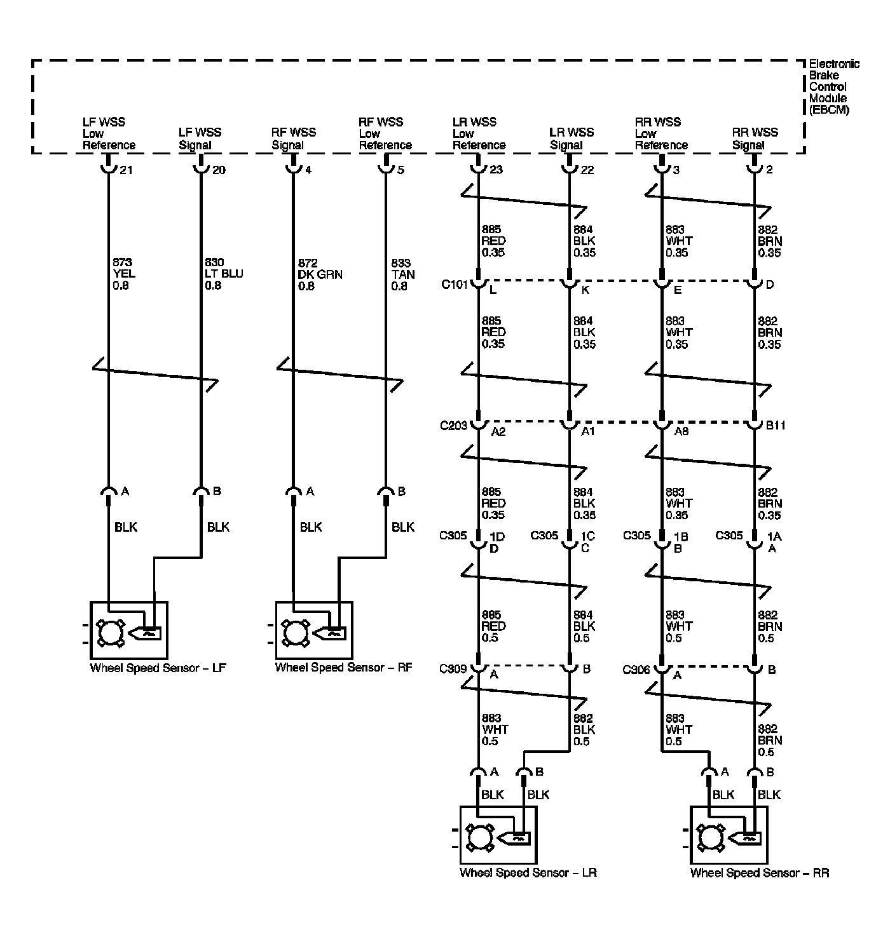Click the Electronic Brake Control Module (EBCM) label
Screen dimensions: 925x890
[x=833, y=86]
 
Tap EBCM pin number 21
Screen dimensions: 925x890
[x=126, y=170]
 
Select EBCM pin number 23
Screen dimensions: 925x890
[x=496, y=170]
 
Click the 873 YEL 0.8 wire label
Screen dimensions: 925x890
[x=124, y=274]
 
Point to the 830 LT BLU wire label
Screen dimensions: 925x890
[x=223, y=274]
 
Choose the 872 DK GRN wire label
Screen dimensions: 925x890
[x=320, y=274]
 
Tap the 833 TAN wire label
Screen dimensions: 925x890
[x=403, y=274]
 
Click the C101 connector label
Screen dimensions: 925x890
[x=454, y=283]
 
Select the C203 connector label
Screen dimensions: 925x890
[x=453, y=425]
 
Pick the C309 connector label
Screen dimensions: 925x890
[x=453, y=669]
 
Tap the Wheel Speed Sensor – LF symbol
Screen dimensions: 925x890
[x=129, y=630]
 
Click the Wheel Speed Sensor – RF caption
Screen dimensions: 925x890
[x=343, y=668]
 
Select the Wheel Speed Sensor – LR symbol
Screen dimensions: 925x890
[x=498, y=835]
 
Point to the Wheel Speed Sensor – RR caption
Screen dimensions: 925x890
[x=760, y=873]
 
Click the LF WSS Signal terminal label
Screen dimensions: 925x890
[x=200, y=138]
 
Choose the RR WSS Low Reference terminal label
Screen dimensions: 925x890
[x=661, y=133]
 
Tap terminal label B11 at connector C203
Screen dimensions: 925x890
[x=775, y=426]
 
